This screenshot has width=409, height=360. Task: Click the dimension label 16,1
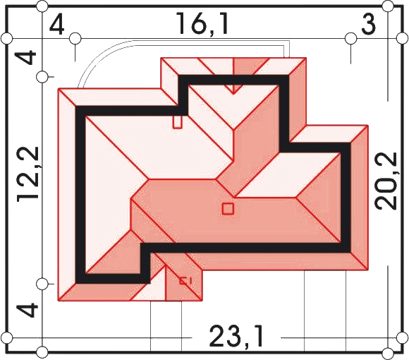(x=202, y=24)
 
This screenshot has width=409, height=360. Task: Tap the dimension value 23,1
(x=236, y=335)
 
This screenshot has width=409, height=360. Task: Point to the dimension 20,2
(x=386, y=181)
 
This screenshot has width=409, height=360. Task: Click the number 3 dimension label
(x=369, y=24)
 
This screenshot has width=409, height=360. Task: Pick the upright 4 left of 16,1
(x=56, y=25)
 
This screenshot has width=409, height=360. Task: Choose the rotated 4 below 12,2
(x=27, y=310)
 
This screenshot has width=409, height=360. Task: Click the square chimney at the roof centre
(x=228, y=209)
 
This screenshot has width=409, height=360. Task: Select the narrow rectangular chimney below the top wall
(x=178, y=122)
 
